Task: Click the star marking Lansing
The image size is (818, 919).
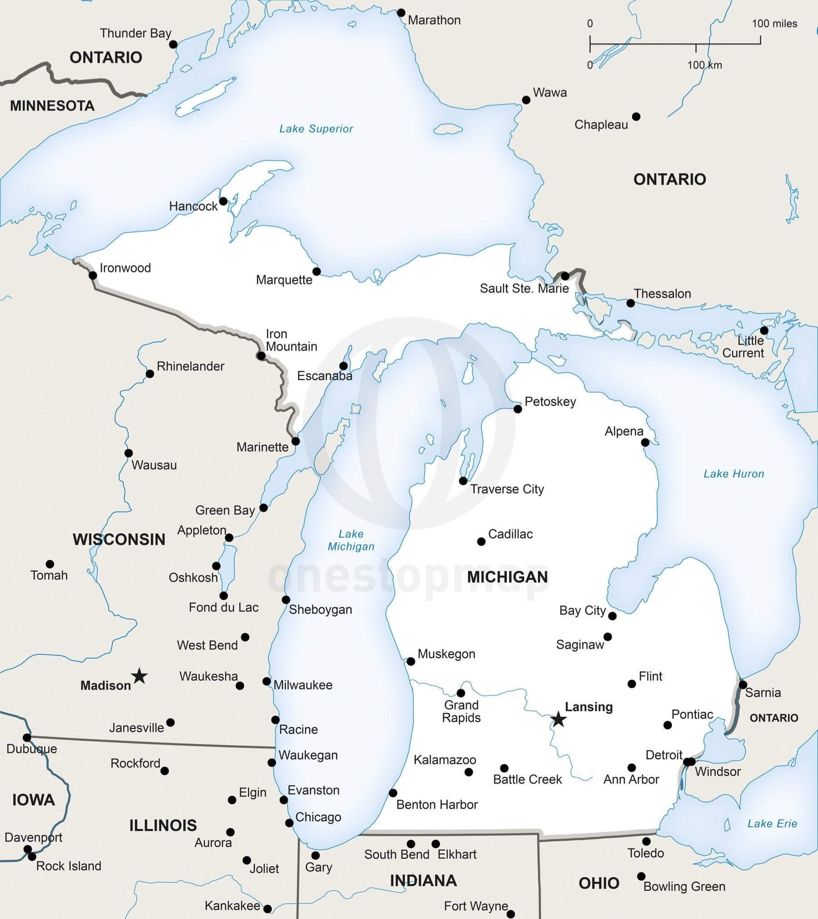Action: coord(558,719)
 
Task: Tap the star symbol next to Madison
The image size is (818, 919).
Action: coord(140,676)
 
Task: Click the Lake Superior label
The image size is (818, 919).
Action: coord(316,129)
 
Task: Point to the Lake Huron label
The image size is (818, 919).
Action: coord(733,474)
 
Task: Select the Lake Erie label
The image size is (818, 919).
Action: coord(772,824)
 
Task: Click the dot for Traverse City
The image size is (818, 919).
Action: coord(463,481)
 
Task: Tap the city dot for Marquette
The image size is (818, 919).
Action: coord(317,271)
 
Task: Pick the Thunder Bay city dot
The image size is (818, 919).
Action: coord(173,44)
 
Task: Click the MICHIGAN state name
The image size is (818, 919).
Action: coord(507,577)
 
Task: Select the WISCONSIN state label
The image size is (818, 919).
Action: coord(119,539)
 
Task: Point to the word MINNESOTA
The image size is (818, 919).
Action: coord(52,106)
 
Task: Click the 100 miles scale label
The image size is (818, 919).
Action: coord(774,24)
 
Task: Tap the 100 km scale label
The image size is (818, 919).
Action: coord(704,65)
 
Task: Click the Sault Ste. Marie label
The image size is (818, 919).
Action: coord(524,289)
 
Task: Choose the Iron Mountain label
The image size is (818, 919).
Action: coord(291,340)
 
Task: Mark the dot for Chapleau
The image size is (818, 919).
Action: coord(636,117)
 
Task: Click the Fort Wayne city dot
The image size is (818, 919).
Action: coord(511,914)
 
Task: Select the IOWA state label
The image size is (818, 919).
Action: coord(33,799)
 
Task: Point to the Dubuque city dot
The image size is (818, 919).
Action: coord(27,737)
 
